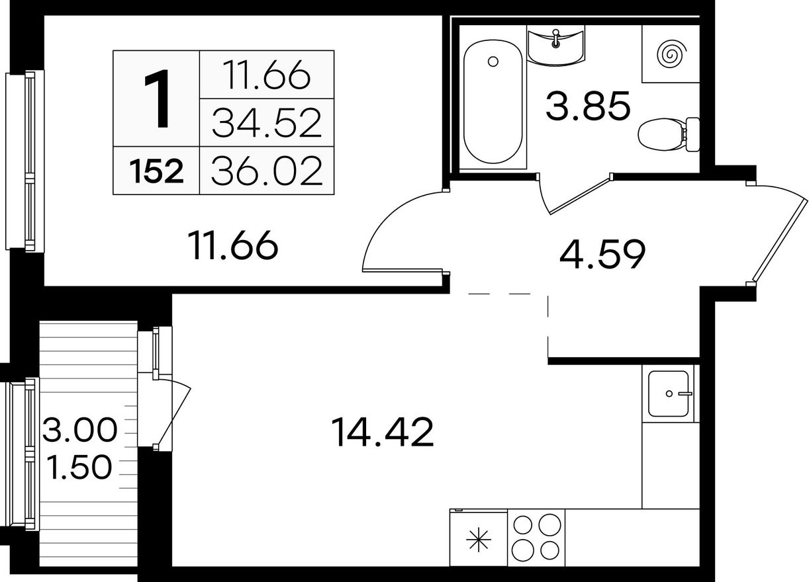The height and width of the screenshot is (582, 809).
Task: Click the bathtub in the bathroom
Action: (493, 101)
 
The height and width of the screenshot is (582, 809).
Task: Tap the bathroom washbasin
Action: (555, 46)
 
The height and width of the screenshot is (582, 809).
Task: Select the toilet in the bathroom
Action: (669, 134)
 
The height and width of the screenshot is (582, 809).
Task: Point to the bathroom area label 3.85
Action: (588, 106)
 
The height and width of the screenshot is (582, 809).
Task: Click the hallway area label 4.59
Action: (602, 254)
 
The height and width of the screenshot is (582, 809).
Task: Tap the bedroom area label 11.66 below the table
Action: (233, 245)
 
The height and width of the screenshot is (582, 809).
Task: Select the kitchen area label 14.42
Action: (382, 432)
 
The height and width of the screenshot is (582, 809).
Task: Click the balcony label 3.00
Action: (80, 430)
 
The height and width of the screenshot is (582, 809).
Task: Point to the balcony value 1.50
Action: (79, 467)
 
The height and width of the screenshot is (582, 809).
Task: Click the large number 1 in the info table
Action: (157, 99)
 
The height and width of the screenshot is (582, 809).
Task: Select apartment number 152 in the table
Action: (156, 172)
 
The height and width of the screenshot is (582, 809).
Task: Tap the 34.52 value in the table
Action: (267, 122)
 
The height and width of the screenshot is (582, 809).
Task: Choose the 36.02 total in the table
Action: (267, 171)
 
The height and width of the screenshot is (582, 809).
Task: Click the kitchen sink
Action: (669, 394)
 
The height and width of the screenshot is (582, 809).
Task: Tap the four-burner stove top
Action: (536, 537)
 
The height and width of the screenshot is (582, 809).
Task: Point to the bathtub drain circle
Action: (493, 62)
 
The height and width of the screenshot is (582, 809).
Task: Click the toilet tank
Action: (692, 134)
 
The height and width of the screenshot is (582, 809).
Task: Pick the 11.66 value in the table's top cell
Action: (267, 75)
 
